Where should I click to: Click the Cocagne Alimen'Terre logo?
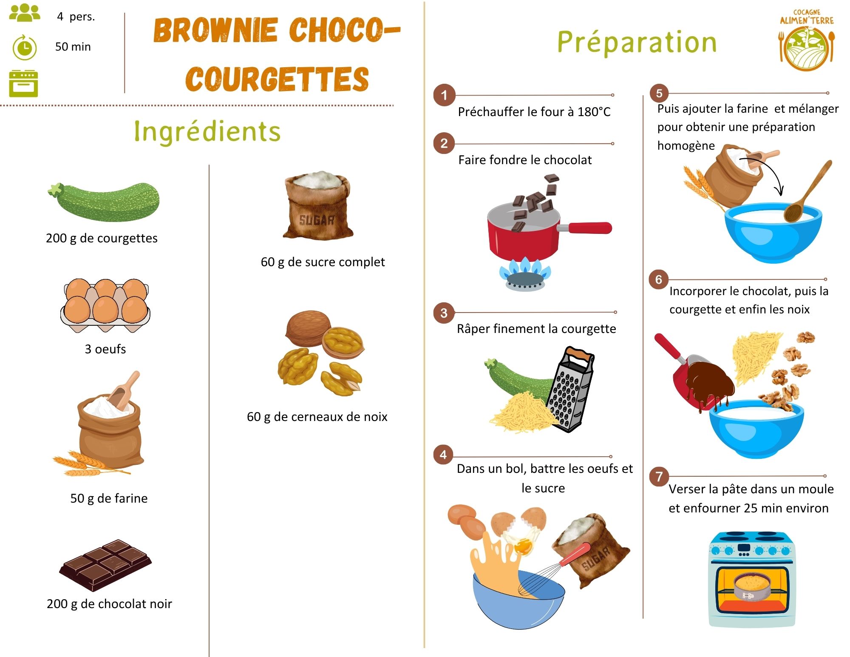807,40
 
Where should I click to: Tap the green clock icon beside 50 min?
25,47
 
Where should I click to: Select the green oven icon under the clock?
23,83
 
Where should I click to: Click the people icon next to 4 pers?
25,13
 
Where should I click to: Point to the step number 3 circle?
444,313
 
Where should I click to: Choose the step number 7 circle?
659,476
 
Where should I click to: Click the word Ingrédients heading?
207,132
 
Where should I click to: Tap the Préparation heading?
637,43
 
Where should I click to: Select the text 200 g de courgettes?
102,238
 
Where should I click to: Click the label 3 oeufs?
105,349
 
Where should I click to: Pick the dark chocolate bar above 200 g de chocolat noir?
105,565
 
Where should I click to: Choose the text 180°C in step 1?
594,112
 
